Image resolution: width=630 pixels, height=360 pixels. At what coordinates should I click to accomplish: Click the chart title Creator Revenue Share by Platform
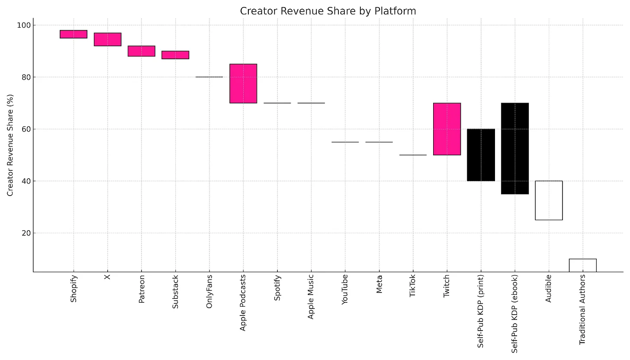pos(328,11)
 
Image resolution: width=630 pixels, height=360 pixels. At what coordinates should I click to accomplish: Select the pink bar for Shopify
pos(74,34)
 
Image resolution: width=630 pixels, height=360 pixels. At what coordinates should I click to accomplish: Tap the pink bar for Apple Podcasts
pos(243,84)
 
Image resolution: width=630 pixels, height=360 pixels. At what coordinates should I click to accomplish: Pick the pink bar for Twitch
pos(447,129)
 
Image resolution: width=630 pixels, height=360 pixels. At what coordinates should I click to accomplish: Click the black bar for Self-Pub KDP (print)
pos(481,155)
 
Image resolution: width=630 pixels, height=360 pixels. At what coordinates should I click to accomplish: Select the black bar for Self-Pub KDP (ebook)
pos(515,148)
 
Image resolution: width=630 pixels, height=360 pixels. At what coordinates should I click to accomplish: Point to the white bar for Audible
pos(549,200)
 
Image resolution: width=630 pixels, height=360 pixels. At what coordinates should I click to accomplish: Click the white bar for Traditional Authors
pos(582,265)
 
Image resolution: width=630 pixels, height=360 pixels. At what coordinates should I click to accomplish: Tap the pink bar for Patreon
pos(141,51)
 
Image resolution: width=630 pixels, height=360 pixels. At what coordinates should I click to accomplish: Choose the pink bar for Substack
pos(175,55)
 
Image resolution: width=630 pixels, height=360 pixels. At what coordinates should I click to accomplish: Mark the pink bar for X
pos(108,39)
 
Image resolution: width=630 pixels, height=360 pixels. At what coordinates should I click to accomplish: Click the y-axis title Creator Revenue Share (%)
pos(10,145)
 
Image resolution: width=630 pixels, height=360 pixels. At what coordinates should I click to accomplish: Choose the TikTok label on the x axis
pos(413,286)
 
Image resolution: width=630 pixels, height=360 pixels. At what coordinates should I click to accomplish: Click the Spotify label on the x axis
pos(277,287)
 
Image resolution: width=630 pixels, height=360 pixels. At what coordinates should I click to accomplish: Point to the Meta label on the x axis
pos(379,284)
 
